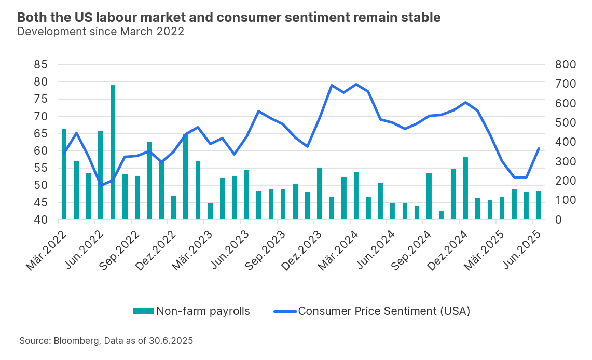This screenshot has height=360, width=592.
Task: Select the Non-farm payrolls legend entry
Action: point(191,311)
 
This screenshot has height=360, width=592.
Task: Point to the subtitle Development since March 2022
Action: point(101,31)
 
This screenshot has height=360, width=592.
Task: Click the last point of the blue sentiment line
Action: point(539,148)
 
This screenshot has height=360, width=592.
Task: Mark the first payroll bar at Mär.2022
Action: point(64,174)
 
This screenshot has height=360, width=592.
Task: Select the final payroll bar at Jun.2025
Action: point(539,205)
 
